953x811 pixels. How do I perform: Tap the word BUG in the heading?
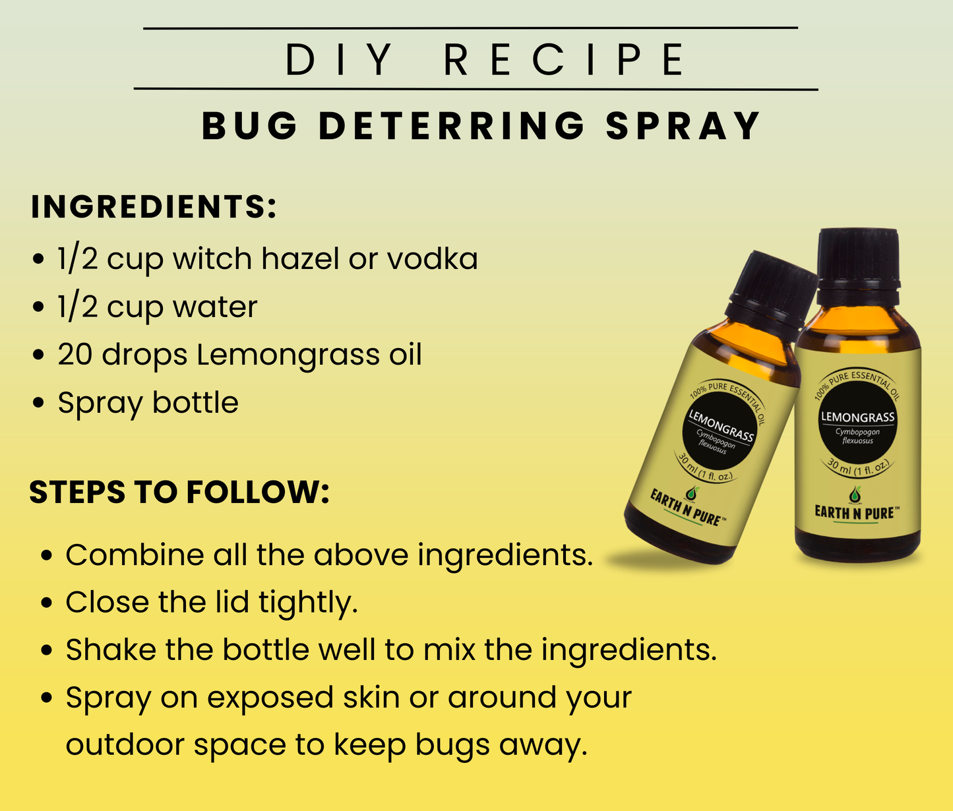click(x=249, y=126)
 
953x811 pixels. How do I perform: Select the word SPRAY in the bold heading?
click(x=683, y=126)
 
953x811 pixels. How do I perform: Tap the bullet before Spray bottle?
click(x=39, y=403)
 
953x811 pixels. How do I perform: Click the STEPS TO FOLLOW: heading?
click(x=179, y=491)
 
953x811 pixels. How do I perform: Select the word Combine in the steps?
click(x=135, y=555)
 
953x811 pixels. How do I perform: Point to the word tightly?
click(x=308, y=603)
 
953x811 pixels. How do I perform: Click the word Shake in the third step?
click(x=111, y=649)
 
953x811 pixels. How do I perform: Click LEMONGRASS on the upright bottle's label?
click(x=857, y=417)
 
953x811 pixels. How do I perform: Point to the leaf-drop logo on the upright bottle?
click(x=855, y=495)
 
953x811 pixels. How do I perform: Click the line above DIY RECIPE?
click(x=471, y=28)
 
